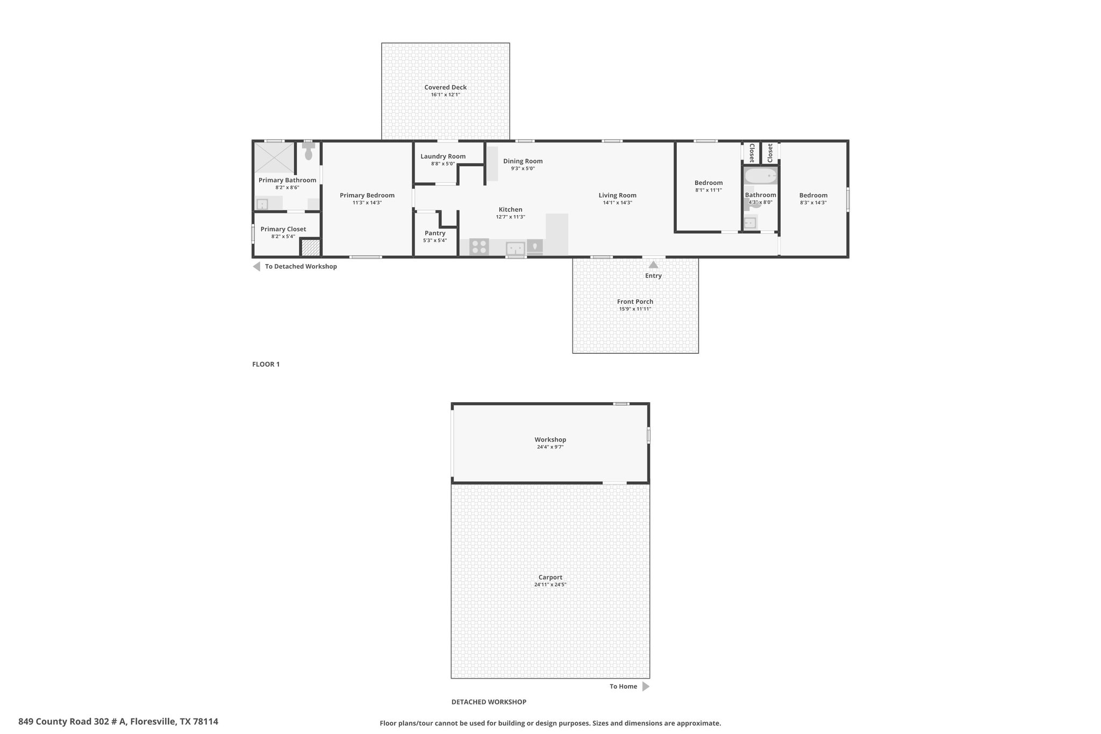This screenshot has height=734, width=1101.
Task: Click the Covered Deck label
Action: (445, 87)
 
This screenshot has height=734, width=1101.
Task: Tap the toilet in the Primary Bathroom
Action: (308, 152)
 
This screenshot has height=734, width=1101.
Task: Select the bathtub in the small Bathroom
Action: (760, 176)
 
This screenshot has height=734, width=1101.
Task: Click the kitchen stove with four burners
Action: (479, 247)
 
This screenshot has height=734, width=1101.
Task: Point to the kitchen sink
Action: (516, 248)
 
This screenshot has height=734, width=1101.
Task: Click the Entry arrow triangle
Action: (653, 265)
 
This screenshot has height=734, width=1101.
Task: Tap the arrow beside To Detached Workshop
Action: (256, 266)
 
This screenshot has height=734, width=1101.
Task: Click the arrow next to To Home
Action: (646, 686)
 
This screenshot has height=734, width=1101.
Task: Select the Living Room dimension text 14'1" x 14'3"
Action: (617, 203)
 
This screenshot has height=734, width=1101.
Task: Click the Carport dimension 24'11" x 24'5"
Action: (550, 585)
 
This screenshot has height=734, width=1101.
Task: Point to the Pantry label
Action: (435, 233)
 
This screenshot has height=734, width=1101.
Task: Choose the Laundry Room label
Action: (443, 156)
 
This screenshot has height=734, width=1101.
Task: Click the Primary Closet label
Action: (283, 229)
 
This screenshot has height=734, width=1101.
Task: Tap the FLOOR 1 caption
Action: (266, 364)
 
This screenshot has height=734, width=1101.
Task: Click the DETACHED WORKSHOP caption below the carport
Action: (489, 702)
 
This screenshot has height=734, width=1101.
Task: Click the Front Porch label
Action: (635, 302)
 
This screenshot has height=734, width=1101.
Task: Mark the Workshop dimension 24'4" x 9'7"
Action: (550, 447)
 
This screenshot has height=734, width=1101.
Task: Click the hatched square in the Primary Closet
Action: (310, 247)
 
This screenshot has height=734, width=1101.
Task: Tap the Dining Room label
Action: (523, 161)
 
